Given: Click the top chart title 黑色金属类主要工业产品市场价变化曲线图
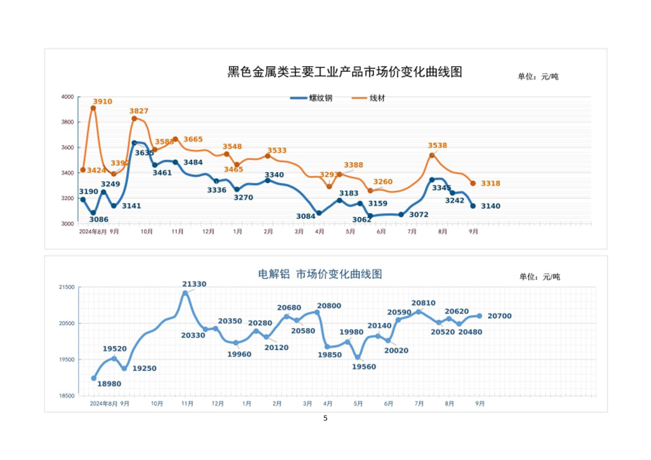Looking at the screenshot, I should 345,72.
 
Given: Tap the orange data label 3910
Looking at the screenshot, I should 102,102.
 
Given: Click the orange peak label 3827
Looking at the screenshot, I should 139,111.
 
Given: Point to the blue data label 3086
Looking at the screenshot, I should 99,220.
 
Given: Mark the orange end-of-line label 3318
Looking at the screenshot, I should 490,183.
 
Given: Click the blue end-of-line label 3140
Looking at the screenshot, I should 490,206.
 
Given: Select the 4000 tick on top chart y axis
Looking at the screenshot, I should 67,97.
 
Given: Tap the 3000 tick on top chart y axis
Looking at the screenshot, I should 67,224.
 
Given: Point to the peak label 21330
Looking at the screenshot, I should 194,284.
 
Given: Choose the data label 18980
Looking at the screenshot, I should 109,384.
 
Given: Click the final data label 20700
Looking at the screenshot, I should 499,316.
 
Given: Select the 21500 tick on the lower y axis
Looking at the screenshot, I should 66,287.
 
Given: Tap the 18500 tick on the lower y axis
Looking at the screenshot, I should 66,396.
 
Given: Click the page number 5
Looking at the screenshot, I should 325,418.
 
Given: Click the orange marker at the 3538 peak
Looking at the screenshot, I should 432,155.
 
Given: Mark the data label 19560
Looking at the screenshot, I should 364,367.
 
